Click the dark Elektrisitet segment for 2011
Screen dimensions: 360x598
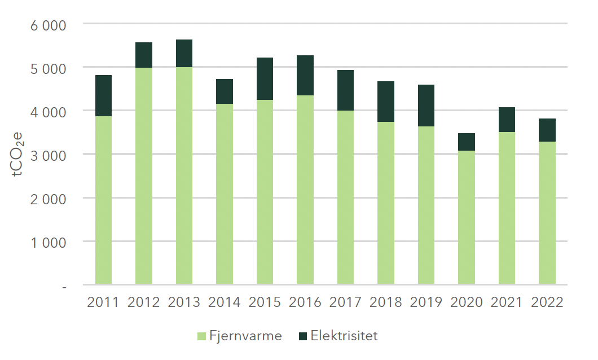(104, 95)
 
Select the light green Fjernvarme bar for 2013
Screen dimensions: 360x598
(184, 175)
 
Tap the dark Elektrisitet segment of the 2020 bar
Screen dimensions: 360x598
(467, 142)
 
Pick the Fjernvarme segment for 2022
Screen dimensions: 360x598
(547, 212)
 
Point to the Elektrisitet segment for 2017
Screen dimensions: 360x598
(346, 90)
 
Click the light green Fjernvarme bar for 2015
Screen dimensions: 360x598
(265, 192)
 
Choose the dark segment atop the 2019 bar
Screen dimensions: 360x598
(426, 106)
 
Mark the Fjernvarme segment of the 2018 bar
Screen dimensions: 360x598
(386, 203)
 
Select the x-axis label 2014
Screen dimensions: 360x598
(225, 302)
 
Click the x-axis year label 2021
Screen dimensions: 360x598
(507, 302)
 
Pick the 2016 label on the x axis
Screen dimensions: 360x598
(305, 302)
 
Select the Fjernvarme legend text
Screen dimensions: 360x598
(245, 336)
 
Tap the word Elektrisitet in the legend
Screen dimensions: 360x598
(344, 336)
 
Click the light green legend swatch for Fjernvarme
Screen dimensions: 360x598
(201, 336)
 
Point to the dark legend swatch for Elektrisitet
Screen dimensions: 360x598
(303, 336)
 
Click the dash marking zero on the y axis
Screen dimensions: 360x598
(65, 287)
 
